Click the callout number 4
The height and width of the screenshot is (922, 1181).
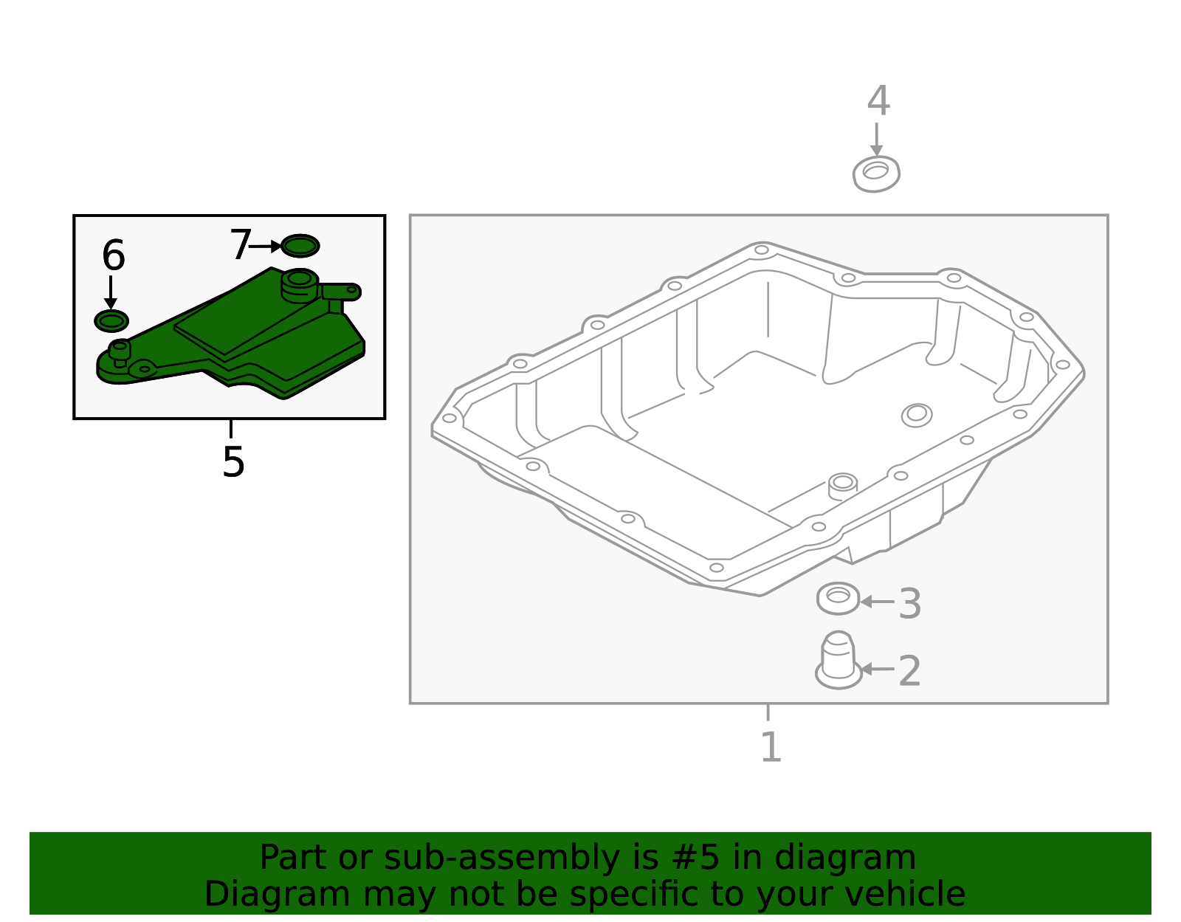pyautogui.click(x=878, y=100)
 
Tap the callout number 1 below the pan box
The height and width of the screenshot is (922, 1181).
pyautogui.click(x=772, y=746)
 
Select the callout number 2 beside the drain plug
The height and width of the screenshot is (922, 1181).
pyautogui.click(x=910, y=670)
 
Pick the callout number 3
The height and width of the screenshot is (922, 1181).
pyautogui.click(x=910, y=603)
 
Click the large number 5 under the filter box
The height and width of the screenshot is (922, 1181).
pyautogui.click(x=234, y=461)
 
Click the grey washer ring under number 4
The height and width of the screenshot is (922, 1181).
pyautogui.click(x=876, y=174)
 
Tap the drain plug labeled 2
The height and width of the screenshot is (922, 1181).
pyautogui.click(x=838, y=660)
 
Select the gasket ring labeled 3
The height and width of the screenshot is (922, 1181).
pyautogui.click(x=838, y=599)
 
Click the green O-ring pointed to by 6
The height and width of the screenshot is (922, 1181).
pyautogui.click(x=111, y=321)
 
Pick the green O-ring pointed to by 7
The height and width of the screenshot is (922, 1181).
pyautogui.click(x=300, y=246)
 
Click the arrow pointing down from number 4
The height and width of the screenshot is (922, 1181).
pyautogui.click(x=876, y=139)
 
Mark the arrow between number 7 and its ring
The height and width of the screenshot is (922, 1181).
pyautogui.click(x=265, y=246)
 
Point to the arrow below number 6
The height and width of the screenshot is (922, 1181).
pyautogui.click(x=111, y=293)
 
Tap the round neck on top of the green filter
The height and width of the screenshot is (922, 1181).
pyautogui.click(x=300, y=285)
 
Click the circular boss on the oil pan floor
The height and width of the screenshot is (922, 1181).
pyautogui.click(x=917, y=415)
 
